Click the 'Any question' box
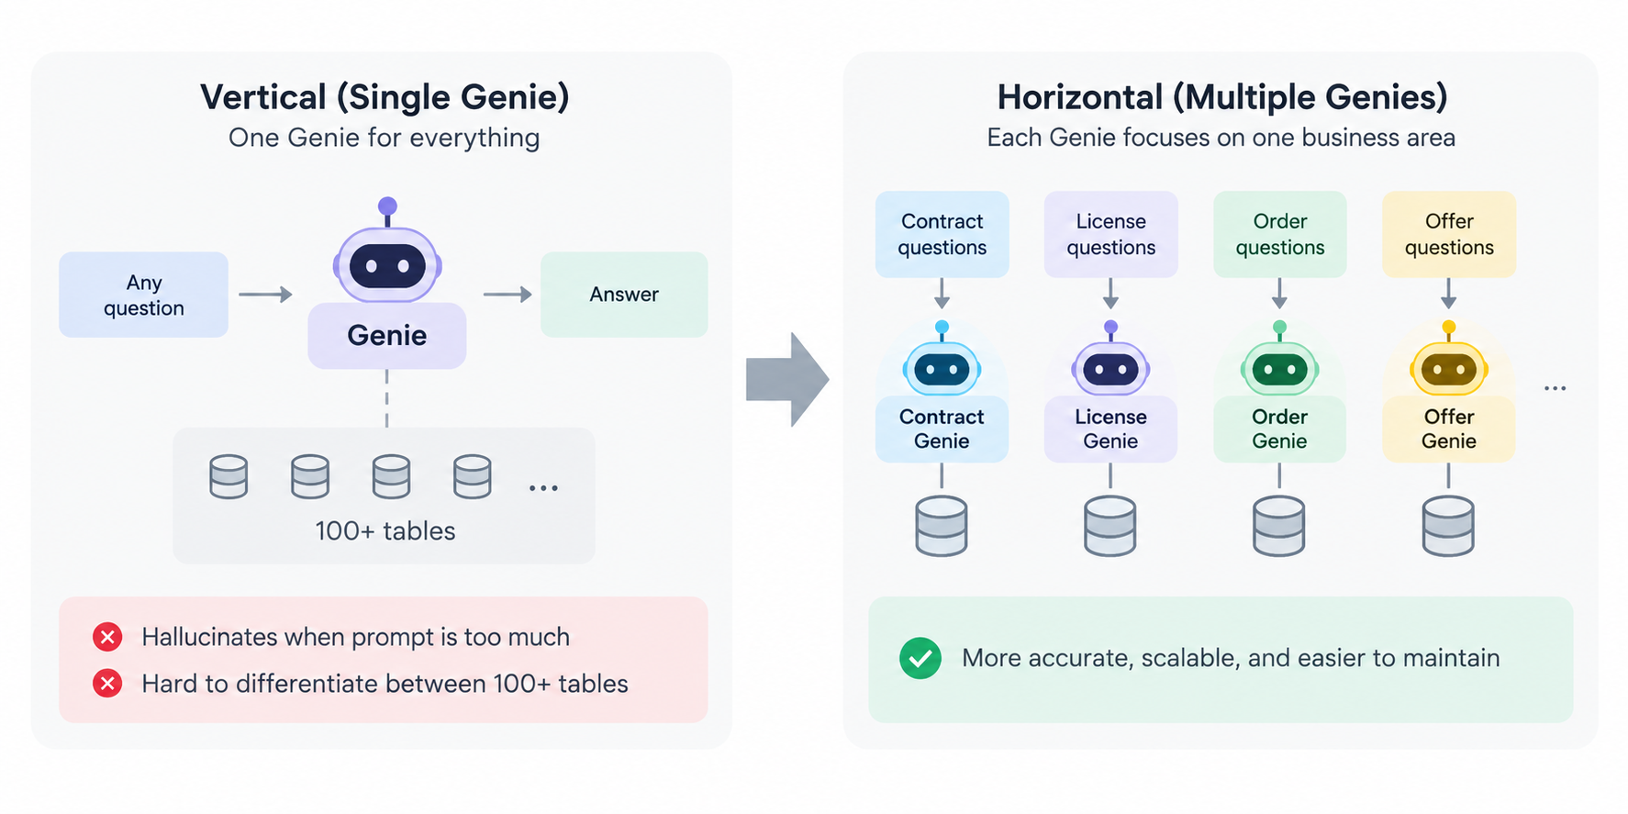tap(143, 295)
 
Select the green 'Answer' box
tap(624, 295)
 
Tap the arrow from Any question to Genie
tap(265, 295)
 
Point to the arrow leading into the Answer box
tap(507, 295)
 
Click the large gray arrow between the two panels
tap(787, 379)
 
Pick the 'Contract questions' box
tap(942, 234)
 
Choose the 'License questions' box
tap(1110, 234)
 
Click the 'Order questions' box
tap(1279, 234)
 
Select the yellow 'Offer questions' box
tap(1449, 234)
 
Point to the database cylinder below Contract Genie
tap(942, 526)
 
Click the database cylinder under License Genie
tap(1110, 526)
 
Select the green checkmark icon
tap(920, 658)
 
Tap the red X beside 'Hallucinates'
tap(107, 637)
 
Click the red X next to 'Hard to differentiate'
tap(107, 684)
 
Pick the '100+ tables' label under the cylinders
tap(385, 531)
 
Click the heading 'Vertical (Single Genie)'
tap(385, 97)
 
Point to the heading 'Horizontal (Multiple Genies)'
tap(1222, 97)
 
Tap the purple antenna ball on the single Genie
tap(387, 206)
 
